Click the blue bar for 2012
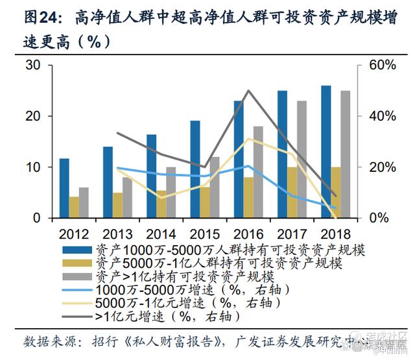tap(64, 188)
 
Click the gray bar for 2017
tap(302, 160)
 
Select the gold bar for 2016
tap(248, 197)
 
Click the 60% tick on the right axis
tap(382, 66)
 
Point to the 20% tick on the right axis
tap(382, 167)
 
